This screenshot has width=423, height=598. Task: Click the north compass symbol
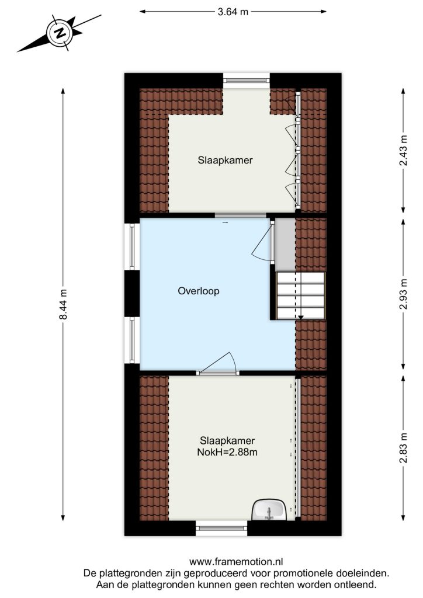[60, 33]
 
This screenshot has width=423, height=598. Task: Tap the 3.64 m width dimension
[233, 12]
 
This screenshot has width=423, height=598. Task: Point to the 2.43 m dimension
[403, 151]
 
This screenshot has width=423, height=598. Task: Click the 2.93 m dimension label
[403, 294]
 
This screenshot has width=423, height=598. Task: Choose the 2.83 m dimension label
[403, 447]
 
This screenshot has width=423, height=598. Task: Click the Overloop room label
[198, 291]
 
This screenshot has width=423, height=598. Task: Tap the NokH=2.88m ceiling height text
[227, 453]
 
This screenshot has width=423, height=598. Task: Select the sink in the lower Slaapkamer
[270, 510]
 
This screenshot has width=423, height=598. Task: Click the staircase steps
[300, 295]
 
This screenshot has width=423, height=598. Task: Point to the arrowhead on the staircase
[300, 317]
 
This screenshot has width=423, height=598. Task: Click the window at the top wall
[246, 81]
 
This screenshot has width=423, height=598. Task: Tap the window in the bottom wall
[221, 528]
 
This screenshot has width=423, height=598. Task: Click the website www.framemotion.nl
[236, 561]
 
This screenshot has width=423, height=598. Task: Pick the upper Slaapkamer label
[225, 160]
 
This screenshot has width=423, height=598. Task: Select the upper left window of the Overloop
[132, 247]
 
